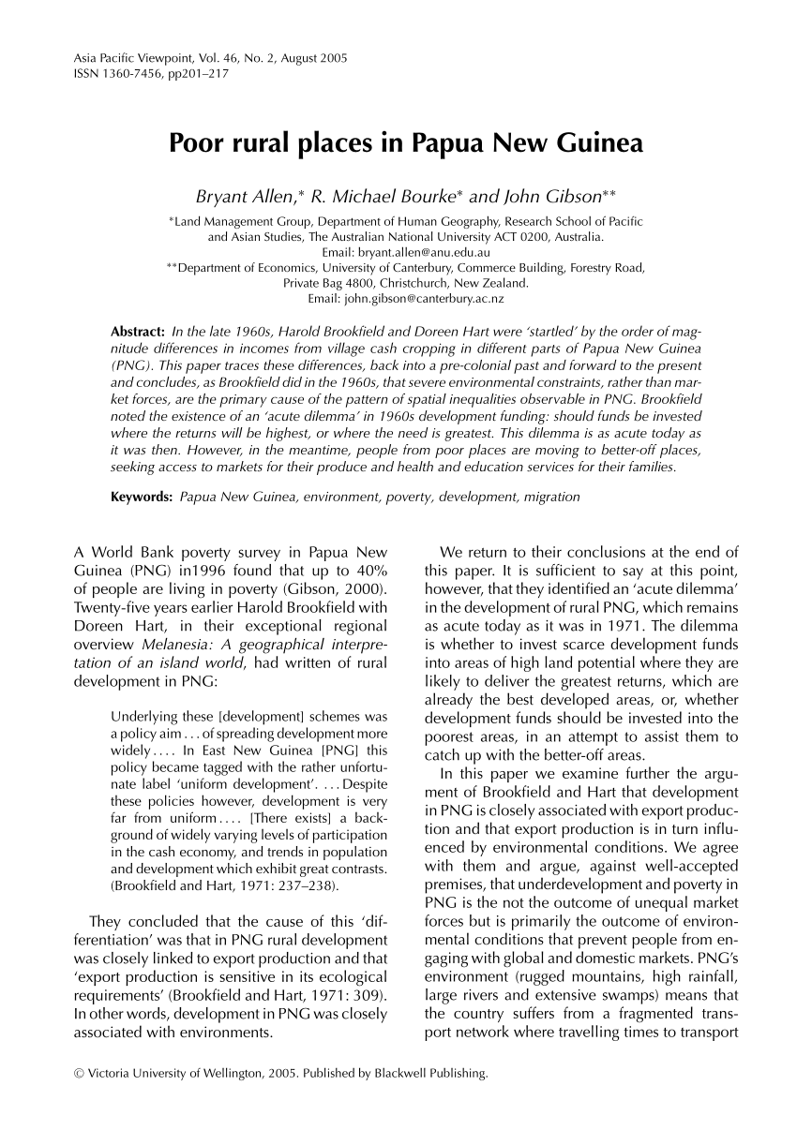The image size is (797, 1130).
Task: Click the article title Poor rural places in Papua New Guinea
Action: click(406, 144)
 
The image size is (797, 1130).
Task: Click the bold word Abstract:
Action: click(139, 333)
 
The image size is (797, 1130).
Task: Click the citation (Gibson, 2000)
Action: click(342, 587)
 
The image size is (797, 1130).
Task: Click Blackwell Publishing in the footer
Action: click(439, 1073)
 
